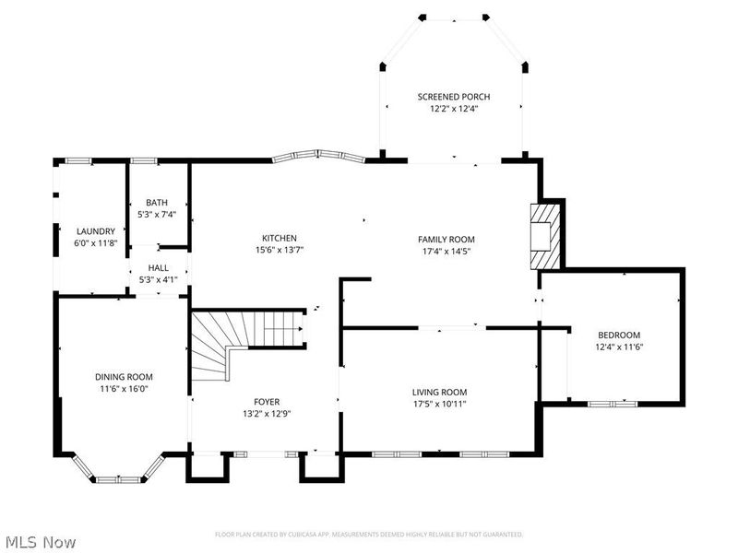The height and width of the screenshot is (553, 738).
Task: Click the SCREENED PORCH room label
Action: point(453,97)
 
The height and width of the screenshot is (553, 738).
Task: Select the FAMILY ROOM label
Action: point(447,239)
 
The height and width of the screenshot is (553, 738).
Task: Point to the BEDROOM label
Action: point(618,335)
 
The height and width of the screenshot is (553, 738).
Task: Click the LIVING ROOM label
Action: point(439,392)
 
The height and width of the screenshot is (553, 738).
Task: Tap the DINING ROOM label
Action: point(124,377)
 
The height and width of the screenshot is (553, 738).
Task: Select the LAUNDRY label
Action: point(96,231)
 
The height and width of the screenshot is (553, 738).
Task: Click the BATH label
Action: point(156,203)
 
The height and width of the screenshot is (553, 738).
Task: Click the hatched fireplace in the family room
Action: point(543,235)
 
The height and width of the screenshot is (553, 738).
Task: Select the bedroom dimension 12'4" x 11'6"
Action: point(618,347)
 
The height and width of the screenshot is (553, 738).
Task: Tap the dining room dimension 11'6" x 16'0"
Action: point(124,389)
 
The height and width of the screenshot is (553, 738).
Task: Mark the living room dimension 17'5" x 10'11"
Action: point(439,404)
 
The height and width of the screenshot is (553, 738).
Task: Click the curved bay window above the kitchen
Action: point(318,157)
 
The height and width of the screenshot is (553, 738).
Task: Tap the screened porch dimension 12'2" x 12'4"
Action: point(453,109)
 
